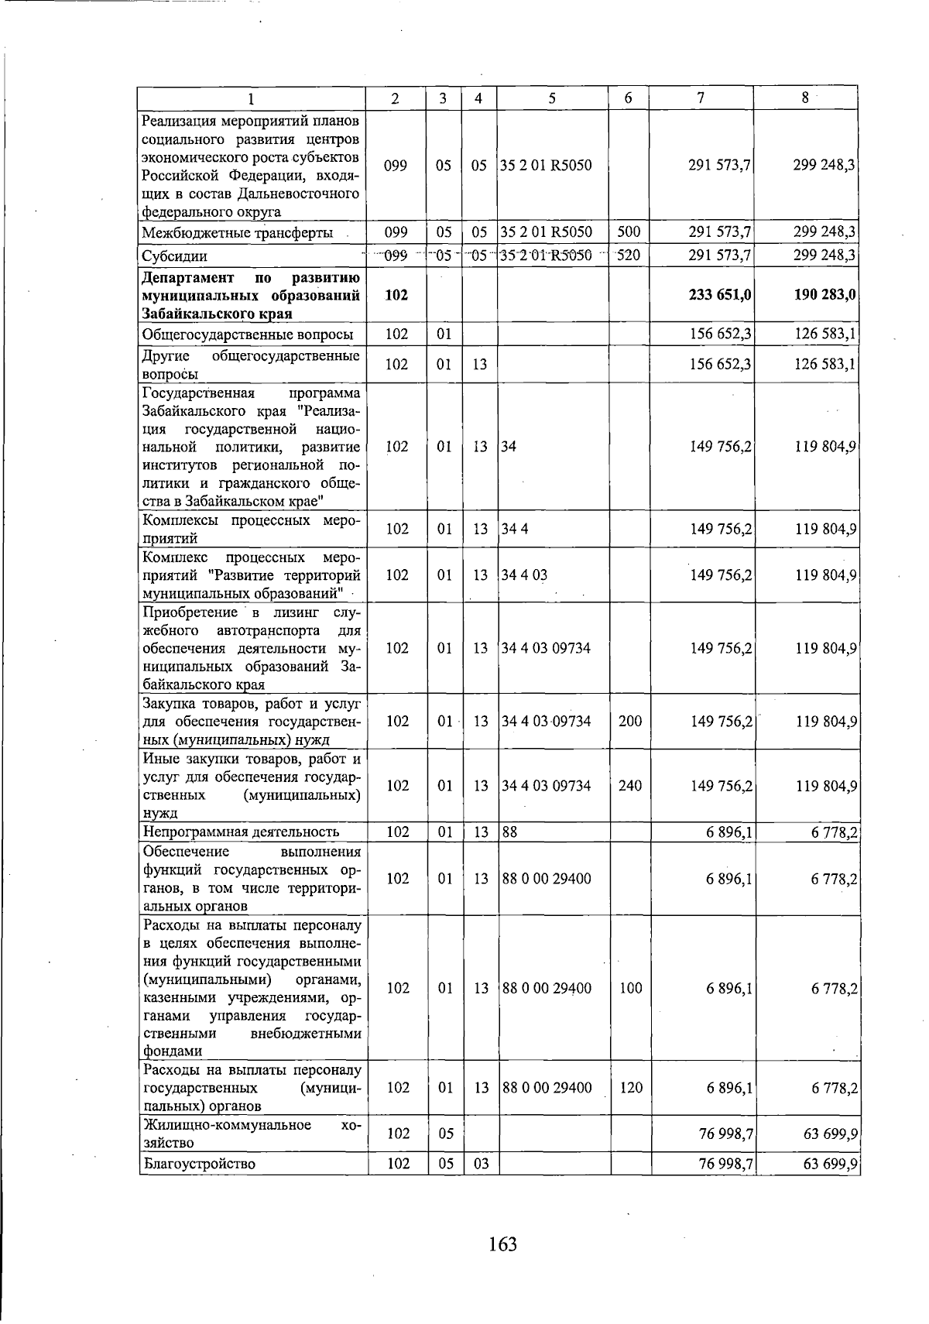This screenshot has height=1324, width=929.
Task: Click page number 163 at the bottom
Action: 502,1244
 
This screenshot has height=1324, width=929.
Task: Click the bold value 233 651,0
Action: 720,295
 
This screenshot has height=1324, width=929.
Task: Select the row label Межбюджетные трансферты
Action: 238,232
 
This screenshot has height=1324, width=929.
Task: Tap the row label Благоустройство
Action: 199,1163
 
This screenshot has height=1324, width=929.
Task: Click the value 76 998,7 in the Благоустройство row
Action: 725,1163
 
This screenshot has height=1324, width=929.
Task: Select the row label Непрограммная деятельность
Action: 241,832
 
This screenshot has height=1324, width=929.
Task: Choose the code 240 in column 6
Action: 630,785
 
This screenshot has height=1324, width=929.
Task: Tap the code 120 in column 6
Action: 630,1087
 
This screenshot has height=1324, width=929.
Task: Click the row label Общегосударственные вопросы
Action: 248,334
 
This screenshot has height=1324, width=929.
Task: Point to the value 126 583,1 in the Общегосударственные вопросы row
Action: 824,334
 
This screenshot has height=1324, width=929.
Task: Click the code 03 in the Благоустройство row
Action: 481,1163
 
